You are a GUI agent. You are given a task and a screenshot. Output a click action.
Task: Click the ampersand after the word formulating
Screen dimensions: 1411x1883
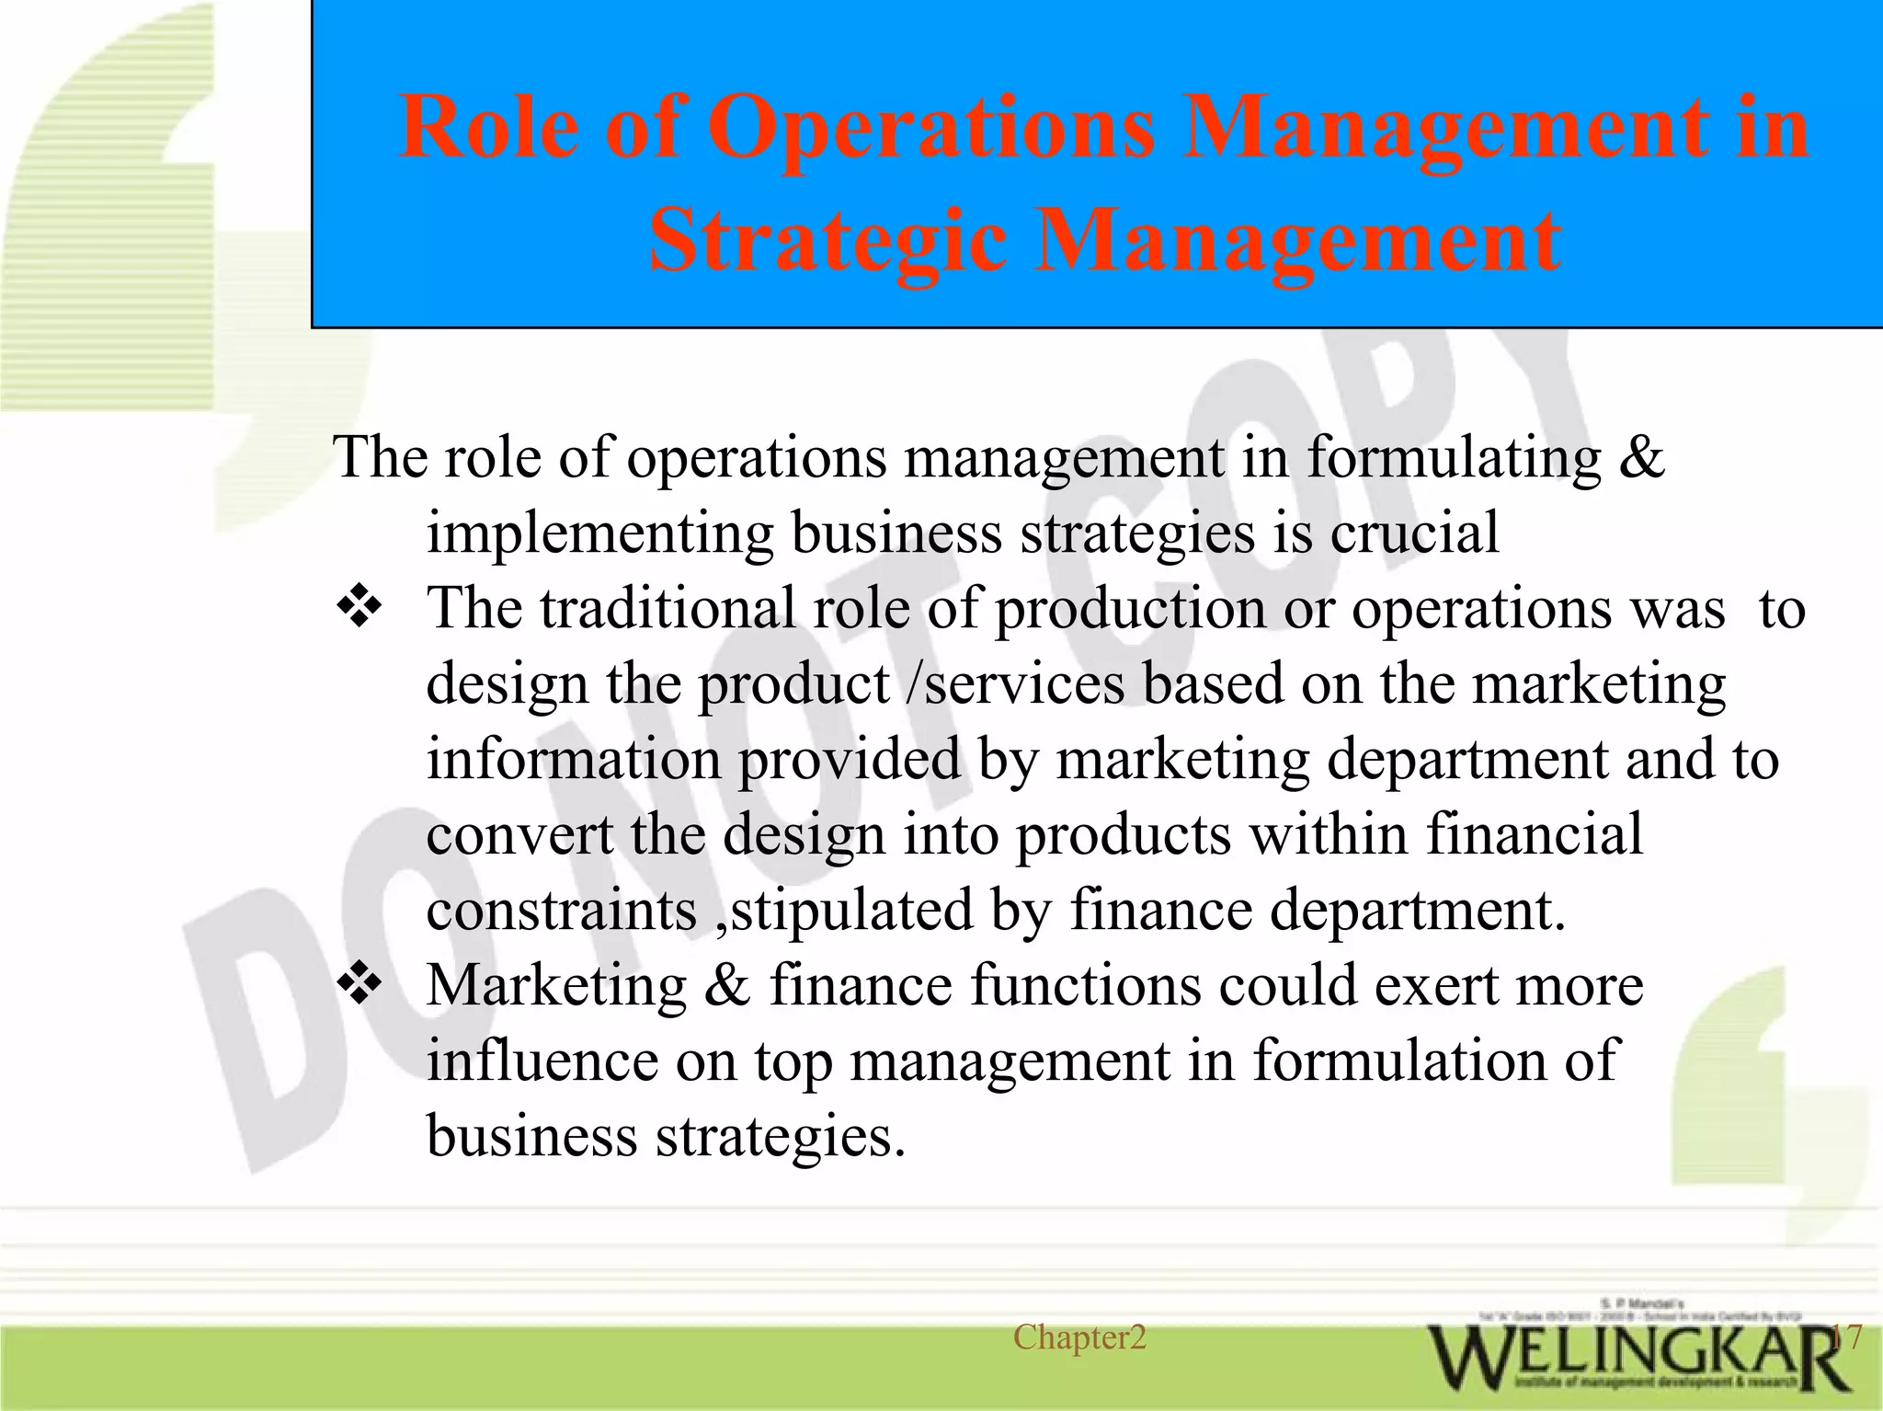(1641, 456)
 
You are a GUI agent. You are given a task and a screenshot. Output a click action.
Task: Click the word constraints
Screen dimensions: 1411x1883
(562, 910)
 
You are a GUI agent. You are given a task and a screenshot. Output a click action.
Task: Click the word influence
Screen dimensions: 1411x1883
(542, 1061)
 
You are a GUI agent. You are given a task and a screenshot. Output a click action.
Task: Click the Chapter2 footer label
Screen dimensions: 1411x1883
(1079, 1337)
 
